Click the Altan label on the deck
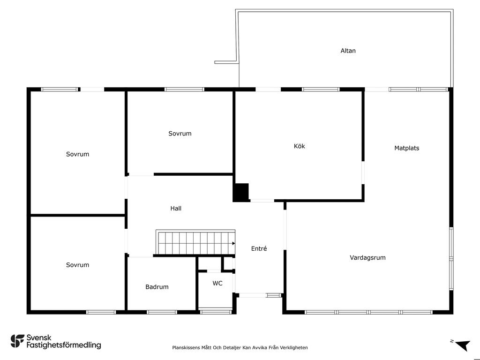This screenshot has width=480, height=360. [x=348, y=51]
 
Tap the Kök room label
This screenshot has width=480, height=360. [x=300, y=146]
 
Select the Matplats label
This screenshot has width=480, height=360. [x=406, y=148]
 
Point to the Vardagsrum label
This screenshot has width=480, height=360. [x=367, y=258]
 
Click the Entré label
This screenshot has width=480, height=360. [x=259, y=248]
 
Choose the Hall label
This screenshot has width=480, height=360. [x=176, y=209]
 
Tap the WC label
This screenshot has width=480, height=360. [x=217, y=283]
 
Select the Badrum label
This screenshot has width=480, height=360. [x=157, y=287]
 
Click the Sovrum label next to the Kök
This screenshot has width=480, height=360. [x=180, y=134]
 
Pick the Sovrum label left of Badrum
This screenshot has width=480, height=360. [x=77, y=265]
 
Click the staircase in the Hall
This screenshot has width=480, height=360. [x=195, y=242]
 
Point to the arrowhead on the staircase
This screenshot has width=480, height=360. [x=233, y=243]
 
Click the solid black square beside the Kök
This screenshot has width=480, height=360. [x=241, y=192]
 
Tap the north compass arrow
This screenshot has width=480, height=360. [x=463, y=345]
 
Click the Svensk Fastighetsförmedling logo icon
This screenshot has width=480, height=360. [x=17, y=341]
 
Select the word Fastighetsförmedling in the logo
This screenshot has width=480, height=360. [x=64, y=345]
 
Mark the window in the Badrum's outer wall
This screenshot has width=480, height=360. [x=162, y=312]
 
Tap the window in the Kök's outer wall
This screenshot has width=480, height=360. [x=321, y=90]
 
